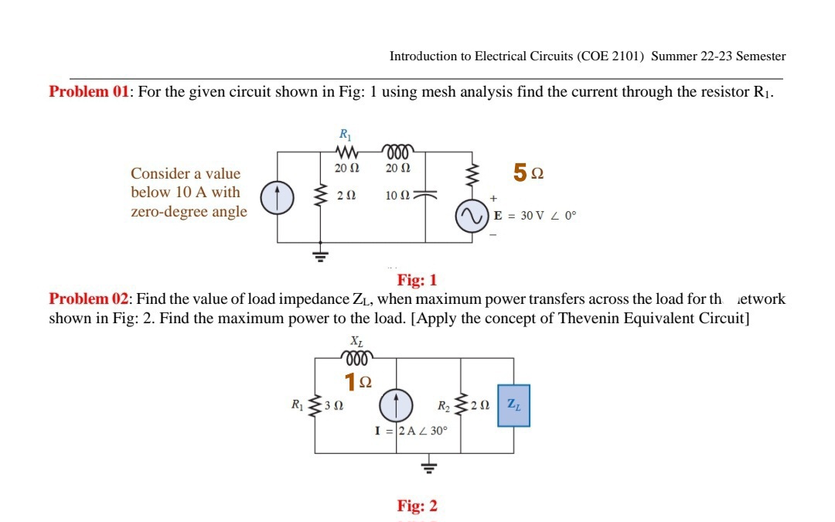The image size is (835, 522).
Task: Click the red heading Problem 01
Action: pos(89,92)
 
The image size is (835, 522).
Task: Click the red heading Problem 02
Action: pos(89,299)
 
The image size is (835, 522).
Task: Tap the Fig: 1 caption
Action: pos(417,280)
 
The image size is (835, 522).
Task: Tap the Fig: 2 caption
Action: pos(417,507)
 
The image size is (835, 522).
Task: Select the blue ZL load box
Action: pos(513,405)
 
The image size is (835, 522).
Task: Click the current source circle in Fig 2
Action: pos(395,404)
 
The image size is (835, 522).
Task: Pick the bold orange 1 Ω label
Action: pos(357,381)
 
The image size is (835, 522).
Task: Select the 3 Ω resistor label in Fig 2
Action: pos(334,405)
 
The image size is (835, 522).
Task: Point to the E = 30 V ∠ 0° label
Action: pos(535,216)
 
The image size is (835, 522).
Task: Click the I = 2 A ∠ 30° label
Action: pos(411,431)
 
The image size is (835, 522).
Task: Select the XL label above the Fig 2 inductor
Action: pos(356,341)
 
